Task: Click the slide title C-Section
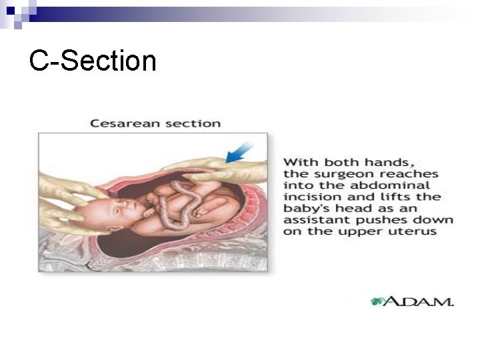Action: tap(93, 61)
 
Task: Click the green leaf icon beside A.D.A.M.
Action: tap(378, 301)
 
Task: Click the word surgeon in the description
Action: tap(328, 173)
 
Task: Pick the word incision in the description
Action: tap(307, 197)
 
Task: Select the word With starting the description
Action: tap(299, 162)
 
